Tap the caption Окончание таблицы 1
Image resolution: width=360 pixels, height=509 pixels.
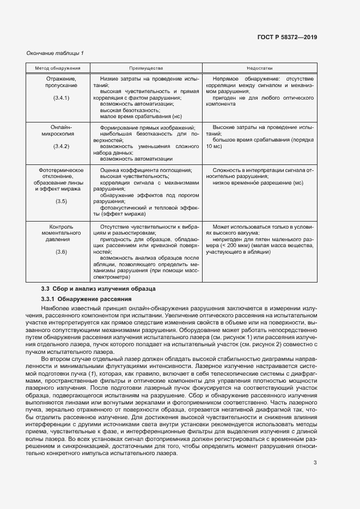(55, 53)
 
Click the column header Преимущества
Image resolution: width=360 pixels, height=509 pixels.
(146, 69)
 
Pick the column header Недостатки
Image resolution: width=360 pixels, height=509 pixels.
(260, 69)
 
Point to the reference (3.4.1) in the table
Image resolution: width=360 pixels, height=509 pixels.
(61, 97)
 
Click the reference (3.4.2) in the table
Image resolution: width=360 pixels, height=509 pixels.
(61, 146)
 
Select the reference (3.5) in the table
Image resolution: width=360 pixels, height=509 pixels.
(61, 201)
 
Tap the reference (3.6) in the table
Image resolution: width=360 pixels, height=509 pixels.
(61, 252)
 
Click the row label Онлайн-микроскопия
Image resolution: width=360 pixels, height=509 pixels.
(61, 130)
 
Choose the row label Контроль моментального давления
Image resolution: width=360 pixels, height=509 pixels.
(61, 232)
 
